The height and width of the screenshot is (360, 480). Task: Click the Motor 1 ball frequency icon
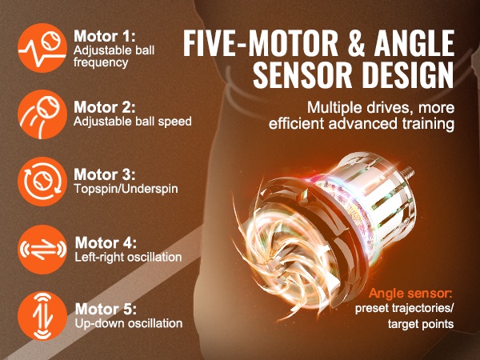pyautogui.click(x=42, y=48)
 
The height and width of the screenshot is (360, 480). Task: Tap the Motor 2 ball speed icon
pyautogui.click(x=42, y=114)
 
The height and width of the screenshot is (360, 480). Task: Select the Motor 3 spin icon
pyautogui.click(x=42, y=182)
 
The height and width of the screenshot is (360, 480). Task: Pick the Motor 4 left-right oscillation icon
pyautogui.click(x=42, y=249)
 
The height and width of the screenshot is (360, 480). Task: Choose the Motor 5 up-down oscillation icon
pyautogui.click(x=42, y=316)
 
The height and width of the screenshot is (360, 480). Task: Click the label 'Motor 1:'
pyautogui.click(x=104, y=37)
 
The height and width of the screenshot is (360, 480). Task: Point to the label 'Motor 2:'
pyautogui.click(x=104, y=107)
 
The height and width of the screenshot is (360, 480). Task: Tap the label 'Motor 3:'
pyautogui.click(x=104, y=174)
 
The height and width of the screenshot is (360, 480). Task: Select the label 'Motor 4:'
pyautogui.click(x=106, y=242)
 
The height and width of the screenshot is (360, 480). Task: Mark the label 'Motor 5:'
pyautogui.click(x=106, y=309)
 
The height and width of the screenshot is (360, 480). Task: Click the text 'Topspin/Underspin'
pyautogui.click(x=126, y=189)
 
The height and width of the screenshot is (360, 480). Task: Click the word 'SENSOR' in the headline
pyautogui.click(x=302, y=74)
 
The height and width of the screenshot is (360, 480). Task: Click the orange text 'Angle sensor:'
pyautogui.click(x=410, y=294)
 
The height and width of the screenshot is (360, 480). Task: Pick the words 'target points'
pyautogui.click(x=421, y=324)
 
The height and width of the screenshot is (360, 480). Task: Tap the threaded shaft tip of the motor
pyautogui.click(x=410, y=174)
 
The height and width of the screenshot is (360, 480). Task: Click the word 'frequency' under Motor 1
pyautogui.click(x=101, y=62)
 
